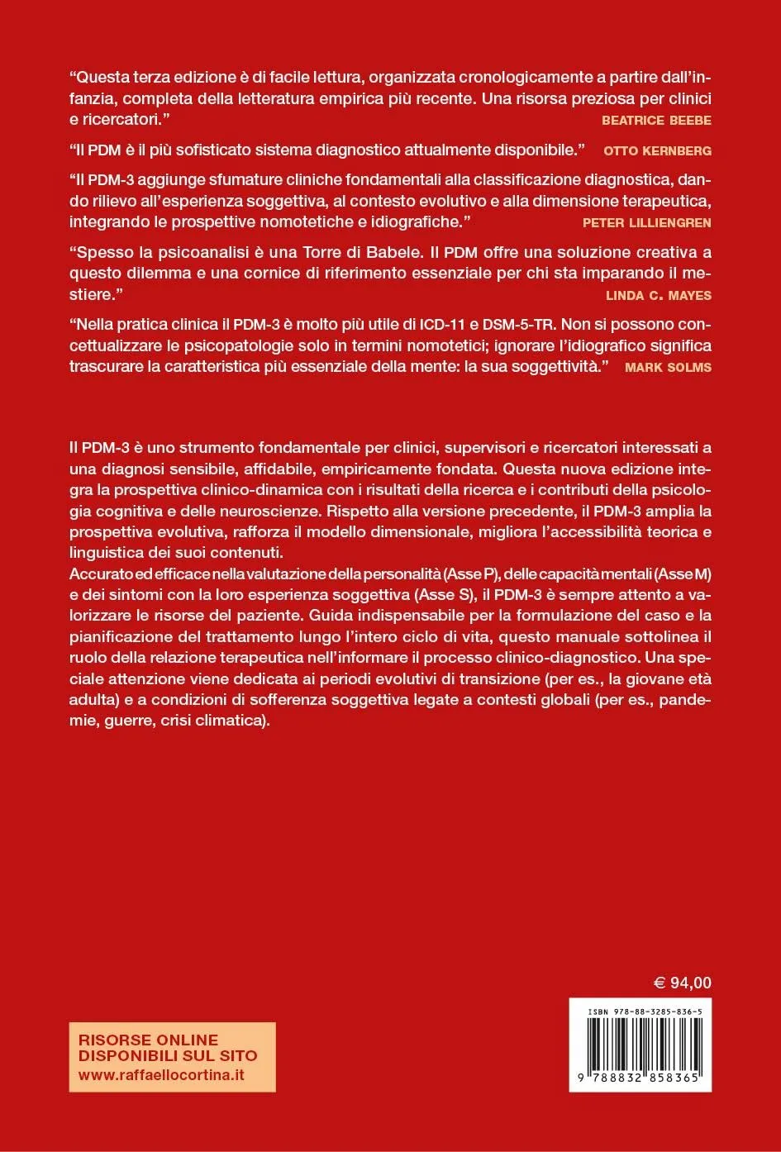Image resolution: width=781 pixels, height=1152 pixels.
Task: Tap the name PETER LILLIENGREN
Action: click(646, 222)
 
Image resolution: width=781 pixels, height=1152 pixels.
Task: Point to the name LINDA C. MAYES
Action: click(658, 295)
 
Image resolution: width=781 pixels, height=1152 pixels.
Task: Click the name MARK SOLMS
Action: click(668, 367)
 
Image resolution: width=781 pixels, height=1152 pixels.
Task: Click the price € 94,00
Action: click(682, 983)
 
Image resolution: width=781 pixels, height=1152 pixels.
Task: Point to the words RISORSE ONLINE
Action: click(148, 1040)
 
